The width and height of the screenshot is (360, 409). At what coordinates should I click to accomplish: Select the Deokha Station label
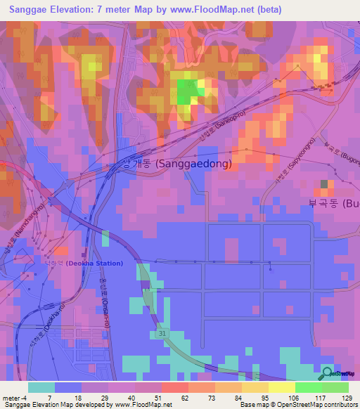pos(98,264)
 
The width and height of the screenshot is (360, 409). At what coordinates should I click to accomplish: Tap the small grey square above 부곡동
pos(324,184)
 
